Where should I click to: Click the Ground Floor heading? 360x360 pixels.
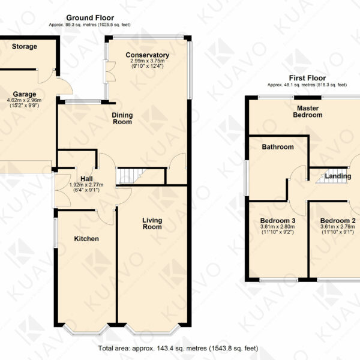tap(90, 17)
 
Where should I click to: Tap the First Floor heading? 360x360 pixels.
tap(307, 78)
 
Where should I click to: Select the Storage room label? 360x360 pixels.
tap(25, 46)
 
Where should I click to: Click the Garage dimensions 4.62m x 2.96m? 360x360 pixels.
tap(25, 100)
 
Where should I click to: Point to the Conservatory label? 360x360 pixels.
tap(148, 55)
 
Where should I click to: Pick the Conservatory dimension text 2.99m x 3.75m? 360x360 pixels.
tap(148, 61)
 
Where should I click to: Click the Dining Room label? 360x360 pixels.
tap(122, 118)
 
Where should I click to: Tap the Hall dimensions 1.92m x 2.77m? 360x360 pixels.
tap(86, 185)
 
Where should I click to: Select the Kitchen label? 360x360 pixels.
tap(86, 239)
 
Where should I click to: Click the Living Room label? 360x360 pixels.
tap(152, 223)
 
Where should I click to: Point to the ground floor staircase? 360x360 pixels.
tap(131, 176)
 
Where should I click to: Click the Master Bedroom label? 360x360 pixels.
tap(308, 112)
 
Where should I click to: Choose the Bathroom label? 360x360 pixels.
tap(278, 147)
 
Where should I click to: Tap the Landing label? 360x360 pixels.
tap(338, 176)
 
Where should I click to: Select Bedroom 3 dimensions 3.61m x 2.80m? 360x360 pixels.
tap(278, 227)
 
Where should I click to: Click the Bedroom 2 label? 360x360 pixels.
tap(338, 221)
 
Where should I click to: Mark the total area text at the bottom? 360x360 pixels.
tap(178, 348)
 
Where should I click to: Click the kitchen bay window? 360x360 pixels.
tap(86, 329)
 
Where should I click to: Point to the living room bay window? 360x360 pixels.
tap(152, 329)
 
